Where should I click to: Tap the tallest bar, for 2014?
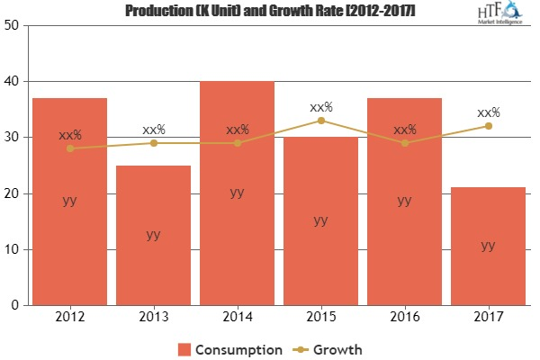(x=237, y=225)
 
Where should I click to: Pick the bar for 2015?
(x=320, y=252)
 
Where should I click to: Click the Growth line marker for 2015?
(x=320, y=121)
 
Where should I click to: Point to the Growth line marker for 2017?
(x=488, y=126)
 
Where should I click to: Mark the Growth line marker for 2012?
(x=69, y=148)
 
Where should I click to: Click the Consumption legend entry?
(x=229, y=347)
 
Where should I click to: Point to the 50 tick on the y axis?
(x=13, y=25)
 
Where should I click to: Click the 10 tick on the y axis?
(x=13, y=249)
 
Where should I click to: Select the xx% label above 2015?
(x=321, y=107)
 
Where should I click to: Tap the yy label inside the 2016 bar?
(x=404, y=201)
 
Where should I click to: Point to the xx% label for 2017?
(x=489, y=112)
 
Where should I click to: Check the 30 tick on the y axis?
(x=13, y=138)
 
